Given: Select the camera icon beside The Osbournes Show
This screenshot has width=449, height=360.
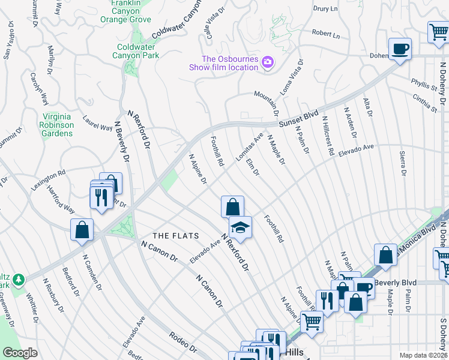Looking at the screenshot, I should click(267, 62).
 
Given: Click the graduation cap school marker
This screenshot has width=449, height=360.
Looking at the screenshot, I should click(240, 227).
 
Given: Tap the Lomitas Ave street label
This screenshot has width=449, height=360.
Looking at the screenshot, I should click(249, 148).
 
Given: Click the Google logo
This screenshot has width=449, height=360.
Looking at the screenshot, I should click(20, 353).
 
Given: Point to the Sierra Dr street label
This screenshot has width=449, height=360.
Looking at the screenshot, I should click(403, 163).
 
